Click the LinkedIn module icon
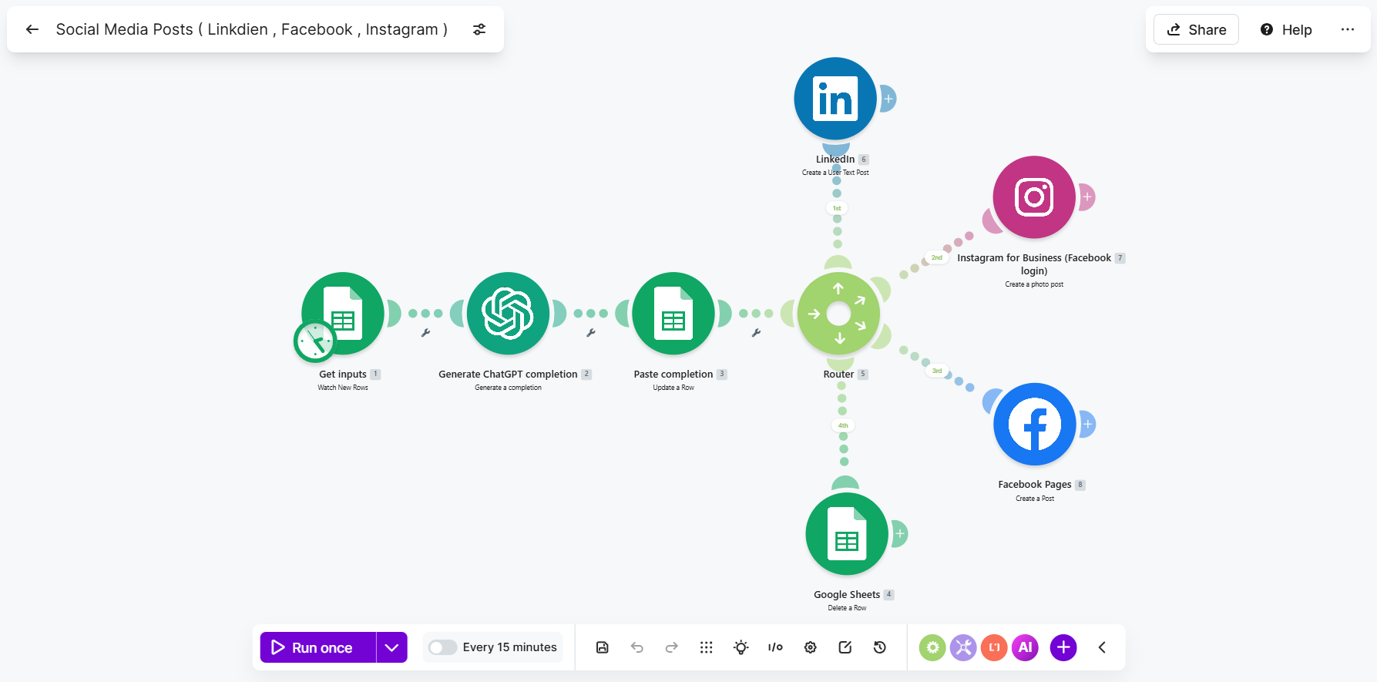(x=835, y=99)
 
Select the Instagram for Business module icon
(x=1034, y=197)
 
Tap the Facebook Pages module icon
(x=1035, y=424)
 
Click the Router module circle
(x=838, y=314)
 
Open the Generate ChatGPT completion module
(x=509, y=314)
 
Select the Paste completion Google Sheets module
(x=673, y=314)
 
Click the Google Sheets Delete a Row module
(x=847, y=534)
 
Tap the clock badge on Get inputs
(x=315, y=341)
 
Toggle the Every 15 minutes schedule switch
(x=443, y=647)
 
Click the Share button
(x=1196, y=29)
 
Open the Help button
(x=1286, y=29)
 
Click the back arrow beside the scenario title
(x=32, y=29)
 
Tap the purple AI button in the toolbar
(x=1026, y=647)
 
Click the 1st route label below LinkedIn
(x=837, y=208)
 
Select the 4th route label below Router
(x=843, y=425)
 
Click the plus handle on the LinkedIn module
(x=888, y=99)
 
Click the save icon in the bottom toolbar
(x=603, y=647)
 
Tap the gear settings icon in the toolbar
(x=811, y=647)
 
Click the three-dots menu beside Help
(x=1348, y=29)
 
